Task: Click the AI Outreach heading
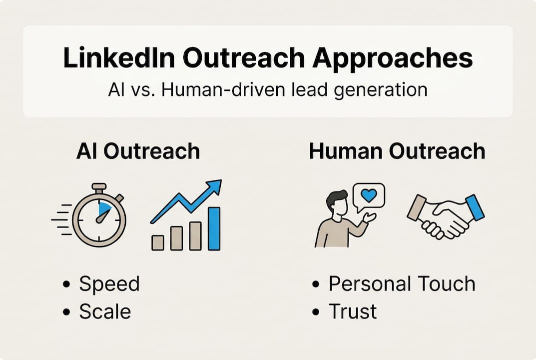(138, 151)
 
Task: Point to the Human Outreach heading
(397, 151)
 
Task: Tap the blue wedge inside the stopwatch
(105, 209)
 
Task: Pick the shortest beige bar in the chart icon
(158, 242)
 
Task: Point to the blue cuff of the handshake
(475, 208)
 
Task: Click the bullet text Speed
(109, 284)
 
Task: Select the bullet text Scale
(105, 311)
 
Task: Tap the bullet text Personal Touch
(402, 284)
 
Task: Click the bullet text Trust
(353, 311)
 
